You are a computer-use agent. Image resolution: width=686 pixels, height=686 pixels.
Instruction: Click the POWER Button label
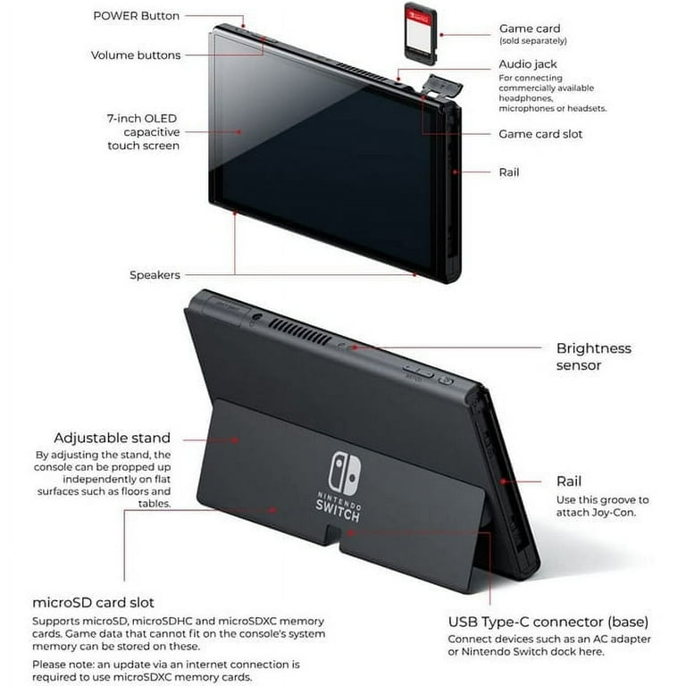136,16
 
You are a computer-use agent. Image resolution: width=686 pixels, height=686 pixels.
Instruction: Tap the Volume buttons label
135,55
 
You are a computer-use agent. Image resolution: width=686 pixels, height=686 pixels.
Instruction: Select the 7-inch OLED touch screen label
142,131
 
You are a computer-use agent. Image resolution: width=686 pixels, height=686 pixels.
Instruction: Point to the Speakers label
155,275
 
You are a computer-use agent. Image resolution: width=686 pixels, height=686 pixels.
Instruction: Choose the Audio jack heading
527,65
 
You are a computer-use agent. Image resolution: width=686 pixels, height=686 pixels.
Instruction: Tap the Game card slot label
540,134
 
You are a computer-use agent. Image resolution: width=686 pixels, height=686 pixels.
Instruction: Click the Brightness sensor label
593,356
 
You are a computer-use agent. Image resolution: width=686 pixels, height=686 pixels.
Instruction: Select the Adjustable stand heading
112,439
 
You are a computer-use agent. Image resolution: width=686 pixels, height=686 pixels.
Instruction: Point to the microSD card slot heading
93,603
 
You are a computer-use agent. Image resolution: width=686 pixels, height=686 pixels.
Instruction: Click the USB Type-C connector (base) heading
548,622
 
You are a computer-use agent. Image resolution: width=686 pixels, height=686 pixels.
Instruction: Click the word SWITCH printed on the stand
338,514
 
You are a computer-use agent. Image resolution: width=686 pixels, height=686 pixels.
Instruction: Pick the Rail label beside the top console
509,172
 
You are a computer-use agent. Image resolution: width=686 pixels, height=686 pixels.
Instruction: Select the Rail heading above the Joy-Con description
569,481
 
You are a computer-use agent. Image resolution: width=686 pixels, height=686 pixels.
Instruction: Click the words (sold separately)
532,41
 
